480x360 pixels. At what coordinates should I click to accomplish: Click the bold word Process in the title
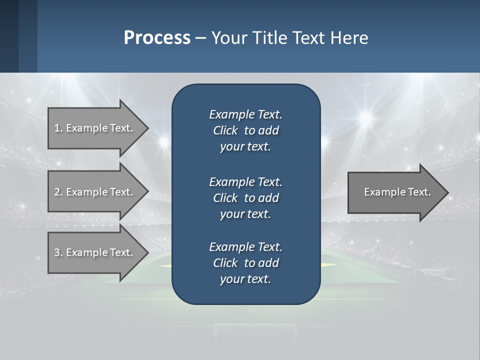pos(157,38)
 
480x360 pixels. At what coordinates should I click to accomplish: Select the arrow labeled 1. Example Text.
pos(95,128)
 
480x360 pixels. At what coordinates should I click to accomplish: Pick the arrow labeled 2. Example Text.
pos(95,192)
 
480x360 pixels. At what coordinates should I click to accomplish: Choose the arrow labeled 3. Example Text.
pos(95,252)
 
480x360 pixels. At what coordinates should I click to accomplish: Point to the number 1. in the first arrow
pos(58,128)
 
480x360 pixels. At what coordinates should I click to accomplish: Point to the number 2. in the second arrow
pos(58,192)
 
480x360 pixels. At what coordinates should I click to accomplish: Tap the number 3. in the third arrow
pos(58,252)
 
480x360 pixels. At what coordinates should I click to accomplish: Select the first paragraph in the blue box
pos(245,130)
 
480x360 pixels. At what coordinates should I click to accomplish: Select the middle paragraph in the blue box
pos(245,198)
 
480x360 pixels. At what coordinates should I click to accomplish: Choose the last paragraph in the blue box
pos(245,263)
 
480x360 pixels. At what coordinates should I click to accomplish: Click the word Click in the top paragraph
pos(225,130)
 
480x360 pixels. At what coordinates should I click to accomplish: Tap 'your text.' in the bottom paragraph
pos(245,279)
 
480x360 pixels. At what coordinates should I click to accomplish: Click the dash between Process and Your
pos(200,38)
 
